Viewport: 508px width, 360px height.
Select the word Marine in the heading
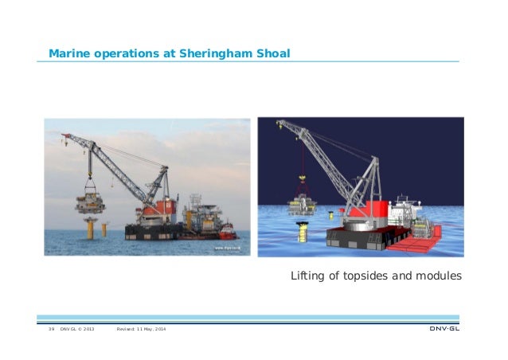point(68,54)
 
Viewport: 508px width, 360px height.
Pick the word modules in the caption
point(437,277)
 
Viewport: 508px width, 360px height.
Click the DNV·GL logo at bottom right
point(444,329)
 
